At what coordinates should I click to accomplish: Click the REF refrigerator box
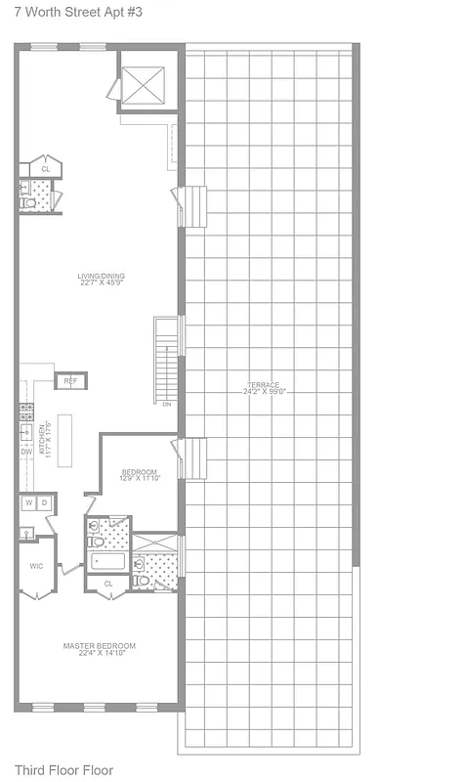tap(70, 380)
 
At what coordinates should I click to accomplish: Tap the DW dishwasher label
tap(25, 452)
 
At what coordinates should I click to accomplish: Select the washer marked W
tap(28, 502)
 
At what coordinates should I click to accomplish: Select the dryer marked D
tap(43, 502)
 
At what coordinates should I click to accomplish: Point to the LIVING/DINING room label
tap(102, 280)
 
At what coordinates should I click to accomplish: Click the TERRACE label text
tap(264, 388)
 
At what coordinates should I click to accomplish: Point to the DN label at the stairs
tap(167, 404)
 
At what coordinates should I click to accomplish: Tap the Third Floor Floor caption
tap(63, 770)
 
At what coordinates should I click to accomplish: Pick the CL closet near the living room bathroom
tap(45, 168)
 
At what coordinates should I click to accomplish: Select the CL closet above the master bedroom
tap(108, 585)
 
